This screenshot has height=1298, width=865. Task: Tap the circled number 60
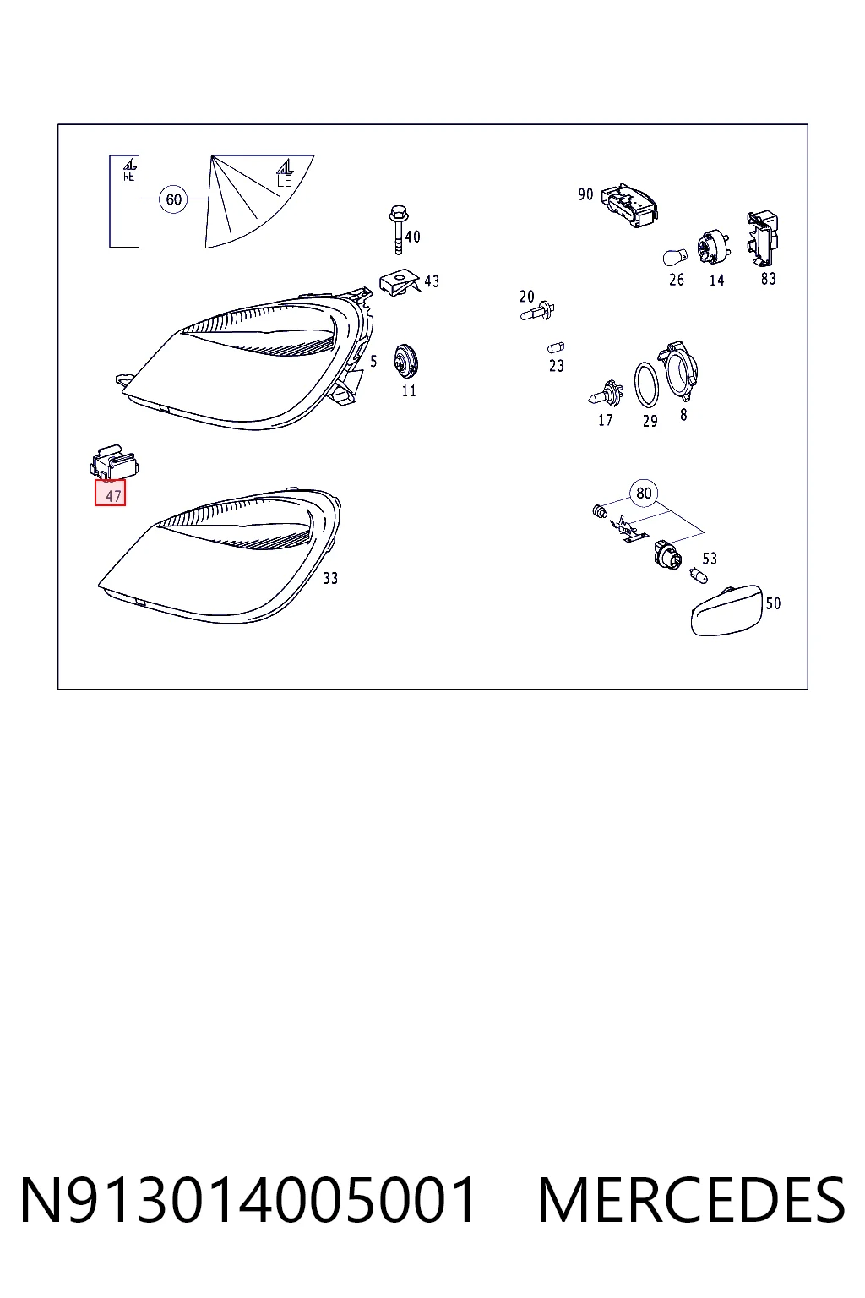click(174, 199)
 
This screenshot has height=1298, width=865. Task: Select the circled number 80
click(644, 494)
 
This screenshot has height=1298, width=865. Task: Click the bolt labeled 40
click(398, 229)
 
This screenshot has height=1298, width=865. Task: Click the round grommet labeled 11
click(405, 363)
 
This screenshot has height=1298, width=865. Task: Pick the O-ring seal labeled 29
click(646, 385)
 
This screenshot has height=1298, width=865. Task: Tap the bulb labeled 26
click(674, 257)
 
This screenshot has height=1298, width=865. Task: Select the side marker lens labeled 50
click(727, 611)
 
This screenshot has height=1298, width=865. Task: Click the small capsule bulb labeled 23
click(556, 347)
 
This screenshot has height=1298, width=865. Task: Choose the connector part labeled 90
click(629, 205)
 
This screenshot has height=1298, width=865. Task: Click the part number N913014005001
click(248, 1201)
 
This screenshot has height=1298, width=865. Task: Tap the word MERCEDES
click(691, 1201)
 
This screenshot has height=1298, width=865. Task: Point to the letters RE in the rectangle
click(128, 177)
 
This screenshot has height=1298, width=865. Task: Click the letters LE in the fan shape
click(284, 182)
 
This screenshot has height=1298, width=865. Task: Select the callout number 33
click(330, 578)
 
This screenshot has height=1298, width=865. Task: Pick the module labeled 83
click(763, 238)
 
